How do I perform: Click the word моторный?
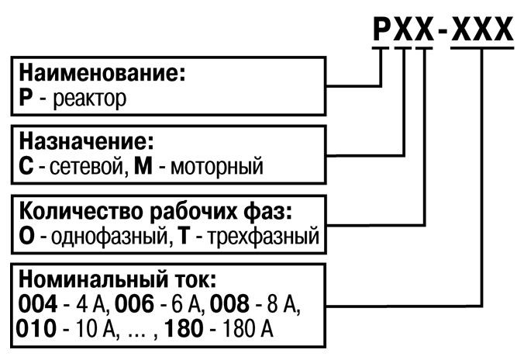pyautogui.click(x=221, y=166)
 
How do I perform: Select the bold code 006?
pyautogui.click(x=134, y=303)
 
